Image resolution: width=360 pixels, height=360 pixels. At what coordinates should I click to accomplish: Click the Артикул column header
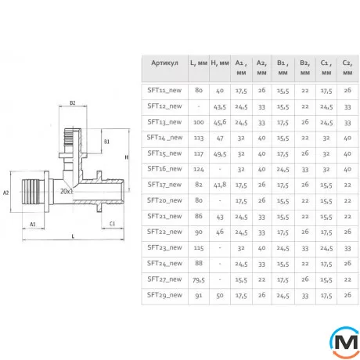[x=164, y=63]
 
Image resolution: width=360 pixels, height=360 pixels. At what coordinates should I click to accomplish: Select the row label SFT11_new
[x=164, y=90]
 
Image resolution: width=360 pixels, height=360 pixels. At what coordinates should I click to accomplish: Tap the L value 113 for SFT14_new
[x=199, y=138]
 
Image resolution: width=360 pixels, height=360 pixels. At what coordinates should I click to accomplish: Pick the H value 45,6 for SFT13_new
[x=220, y=122]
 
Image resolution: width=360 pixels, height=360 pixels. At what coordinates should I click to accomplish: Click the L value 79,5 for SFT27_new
[x=199, y=280]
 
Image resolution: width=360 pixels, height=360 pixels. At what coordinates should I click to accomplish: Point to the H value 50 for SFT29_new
[x=220, y=295]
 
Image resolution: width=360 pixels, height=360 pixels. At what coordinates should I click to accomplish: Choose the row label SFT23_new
[x=164, y=247]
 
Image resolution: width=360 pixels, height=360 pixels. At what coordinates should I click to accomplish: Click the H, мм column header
[x=220, y=63]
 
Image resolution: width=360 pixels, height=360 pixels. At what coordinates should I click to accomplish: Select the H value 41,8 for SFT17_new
[x=220, y=185]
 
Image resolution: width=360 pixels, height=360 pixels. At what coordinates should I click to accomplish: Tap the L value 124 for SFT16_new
[x=199, y=169]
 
